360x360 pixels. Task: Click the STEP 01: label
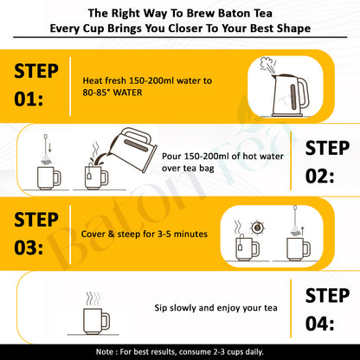point(36,85)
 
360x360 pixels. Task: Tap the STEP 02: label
point(327,162)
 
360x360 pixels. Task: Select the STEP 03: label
point(36,234)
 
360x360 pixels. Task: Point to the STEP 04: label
point(327,310)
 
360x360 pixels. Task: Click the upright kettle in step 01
point(290,95)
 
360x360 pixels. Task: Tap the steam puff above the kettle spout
point(267,64)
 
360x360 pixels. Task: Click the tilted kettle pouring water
point(132,149)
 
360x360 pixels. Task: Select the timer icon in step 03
point(257,228)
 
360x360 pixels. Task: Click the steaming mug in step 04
point(96,313)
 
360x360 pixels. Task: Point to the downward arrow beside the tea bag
point(50,147)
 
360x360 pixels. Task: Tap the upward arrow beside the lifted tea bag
point(303,231)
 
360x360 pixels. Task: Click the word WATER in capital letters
point(128,93)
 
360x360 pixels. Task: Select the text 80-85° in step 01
point(97,93)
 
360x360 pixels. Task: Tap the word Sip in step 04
point(161,308)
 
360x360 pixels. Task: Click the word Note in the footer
point(105,352)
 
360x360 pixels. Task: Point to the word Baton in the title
point(202,13)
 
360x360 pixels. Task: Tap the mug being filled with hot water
point(96,177)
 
